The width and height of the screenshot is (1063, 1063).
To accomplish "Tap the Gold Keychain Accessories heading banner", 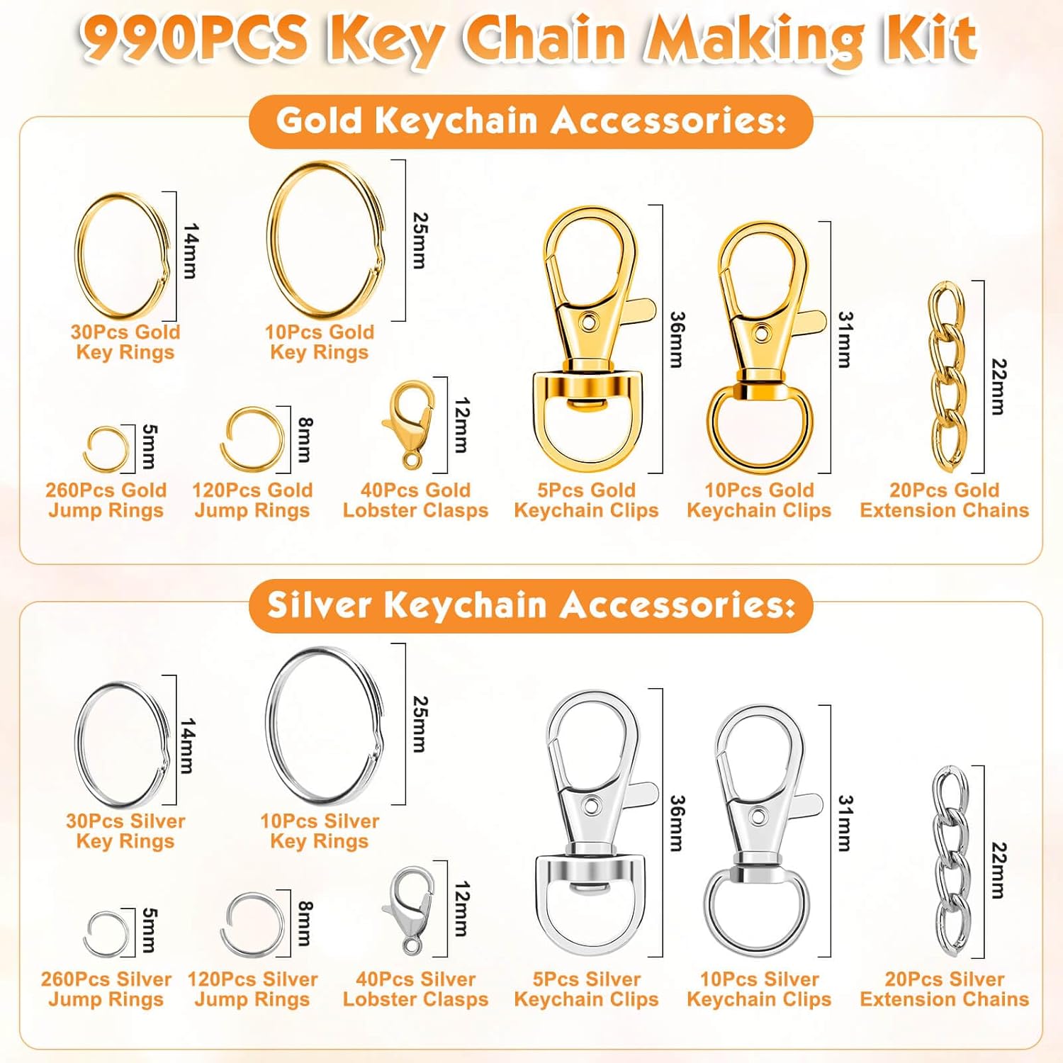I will (x=531, y=120).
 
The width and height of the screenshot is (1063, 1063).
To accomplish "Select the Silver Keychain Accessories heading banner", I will (x=531, y=605).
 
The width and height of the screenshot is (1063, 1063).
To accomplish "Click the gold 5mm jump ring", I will (x=106, y=449).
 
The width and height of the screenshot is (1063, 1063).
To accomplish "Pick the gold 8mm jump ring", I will (x=251, y=439).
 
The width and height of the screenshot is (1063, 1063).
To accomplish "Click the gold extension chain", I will (x=947, y=377).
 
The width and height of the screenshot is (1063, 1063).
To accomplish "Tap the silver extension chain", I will (x=950, y=860).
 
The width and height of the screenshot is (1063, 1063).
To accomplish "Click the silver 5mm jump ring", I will (x=107, y=933).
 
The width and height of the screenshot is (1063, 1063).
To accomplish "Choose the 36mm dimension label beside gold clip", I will (x=677, y=339).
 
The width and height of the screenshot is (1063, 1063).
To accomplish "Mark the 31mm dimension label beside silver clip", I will (x=845, y=823).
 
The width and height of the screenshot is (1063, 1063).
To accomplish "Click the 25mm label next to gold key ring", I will (x=420, y=240).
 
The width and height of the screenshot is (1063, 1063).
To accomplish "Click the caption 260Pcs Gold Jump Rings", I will (x=106, y=500).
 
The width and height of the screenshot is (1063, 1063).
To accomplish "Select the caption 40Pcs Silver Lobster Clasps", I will (x=415, y=989).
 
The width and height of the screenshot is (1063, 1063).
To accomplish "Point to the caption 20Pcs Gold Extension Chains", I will (x=944, y=500).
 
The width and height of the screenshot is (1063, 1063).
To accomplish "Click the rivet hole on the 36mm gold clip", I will (x=588, y=322).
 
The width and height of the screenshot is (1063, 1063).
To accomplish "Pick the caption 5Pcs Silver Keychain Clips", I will (x=586, y=989).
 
